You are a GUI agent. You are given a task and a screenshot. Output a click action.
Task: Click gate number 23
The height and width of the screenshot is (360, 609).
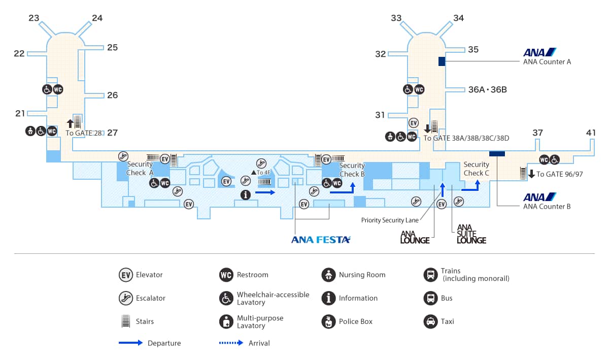click(34, 18)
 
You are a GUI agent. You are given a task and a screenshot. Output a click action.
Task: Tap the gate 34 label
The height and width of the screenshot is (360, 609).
click(459, 18)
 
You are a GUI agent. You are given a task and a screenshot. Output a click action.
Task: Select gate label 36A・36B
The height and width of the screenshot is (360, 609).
click(487, 90)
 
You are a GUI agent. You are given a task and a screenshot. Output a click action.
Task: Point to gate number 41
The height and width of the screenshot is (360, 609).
click(591, 133)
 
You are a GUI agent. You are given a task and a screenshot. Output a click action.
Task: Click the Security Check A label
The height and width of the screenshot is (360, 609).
click(140, 168)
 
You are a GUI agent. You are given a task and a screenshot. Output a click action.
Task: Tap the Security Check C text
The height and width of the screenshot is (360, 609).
click(476, 169)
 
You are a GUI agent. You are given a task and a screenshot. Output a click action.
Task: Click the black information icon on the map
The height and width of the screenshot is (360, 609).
click(246, 194)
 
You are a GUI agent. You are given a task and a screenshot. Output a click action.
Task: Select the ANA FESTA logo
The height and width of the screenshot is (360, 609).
click(321, 239)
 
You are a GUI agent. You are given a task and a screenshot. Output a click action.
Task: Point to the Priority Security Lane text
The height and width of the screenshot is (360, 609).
click(390, 220)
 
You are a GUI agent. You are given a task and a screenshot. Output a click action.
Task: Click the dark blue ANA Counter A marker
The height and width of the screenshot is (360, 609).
click(442, 61)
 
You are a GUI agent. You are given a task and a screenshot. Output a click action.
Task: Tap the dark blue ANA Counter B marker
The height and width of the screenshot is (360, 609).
click(497, 153)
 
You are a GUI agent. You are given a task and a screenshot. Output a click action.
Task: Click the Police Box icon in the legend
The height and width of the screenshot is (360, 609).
click(328, 321)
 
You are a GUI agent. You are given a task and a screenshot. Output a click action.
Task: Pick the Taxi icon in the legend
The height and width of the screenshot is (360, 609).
click(430, 321)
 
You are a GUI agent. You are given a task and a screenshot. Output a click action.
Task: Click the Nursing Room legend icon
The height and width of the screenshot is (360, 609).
click(328, 275)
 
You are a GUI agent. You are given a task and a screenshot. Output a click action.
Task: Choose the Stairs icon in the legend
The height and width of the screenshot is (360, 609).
click(125, 321)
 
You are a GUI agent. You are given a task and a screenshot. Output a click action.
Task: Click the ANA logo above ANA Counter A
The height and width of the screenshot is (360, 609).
click(540, 52)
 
